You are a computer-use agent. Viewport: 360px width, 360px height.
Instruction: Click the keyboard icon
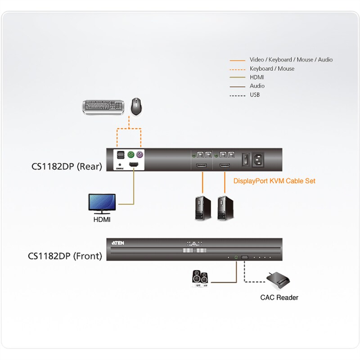[104, 107]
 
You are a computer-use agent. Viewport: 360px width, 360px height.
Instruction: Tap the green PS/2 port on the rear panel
[130, 156]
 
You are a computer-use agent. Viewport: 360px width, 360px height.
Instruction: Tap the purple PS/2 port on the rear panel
[140, 156]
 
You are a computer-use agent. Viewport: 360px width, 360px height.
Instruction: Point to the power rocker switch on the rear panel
[245, 159]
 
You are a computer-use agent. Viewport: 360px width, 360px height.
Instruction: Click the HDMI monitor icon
[102, 204]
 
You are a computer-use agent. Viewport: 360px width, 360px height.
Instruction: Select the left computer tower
[202, 207]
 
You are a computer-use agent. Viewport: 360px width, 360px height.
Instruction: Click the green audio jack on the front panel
[237, 257]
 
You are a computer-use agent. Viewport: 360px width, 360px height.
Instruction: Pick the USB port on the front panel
[245, 257]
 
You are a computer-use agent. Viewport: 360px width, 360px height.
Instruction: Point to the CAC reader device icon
[279, 281]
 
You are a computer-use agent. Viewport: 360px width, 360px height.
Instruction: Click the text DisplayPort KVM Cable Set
[274, 181]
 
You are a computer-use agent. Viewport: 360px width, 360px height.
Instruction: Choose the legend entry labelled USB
[255, 94]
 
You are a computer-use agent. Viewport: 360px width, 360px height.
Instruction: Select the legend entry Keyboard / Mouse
[272, 69]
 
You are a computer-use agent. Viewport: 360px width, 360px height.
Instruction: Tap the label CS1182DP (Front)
[65, 256]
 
